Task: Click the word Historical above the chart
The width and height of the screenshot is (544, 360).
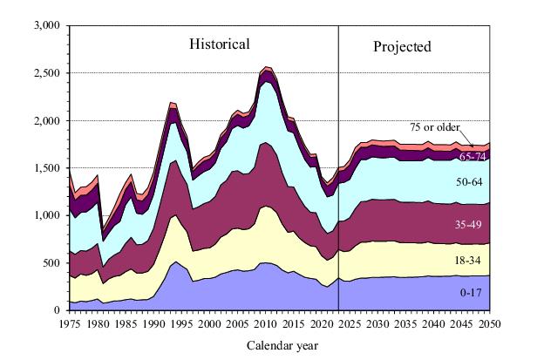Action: pos(220,44)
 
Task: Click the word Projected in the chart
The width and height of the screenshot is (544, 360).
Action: pos(403,46)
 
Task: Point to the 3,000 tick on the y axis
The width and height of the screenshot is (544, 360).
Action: pos(44,26)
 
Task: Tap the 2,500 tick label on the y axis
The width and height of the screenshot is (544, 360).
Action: pos(44,73)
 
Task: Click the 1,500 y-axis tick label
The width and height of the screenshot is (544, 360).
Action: pos(44,168)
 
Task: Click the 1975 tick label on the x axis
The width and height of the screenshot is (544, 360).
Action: pos(70,323)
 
